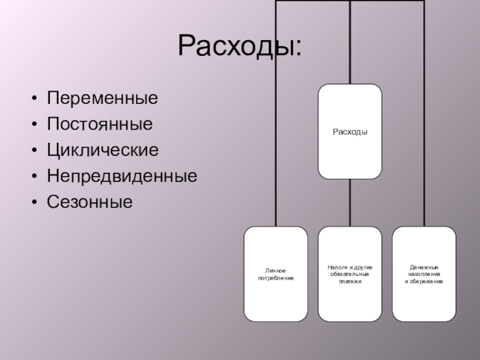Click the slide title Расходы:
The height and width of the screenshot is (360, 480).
[240, 46]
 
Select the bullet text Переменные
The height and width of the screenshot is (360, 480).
[103, 97]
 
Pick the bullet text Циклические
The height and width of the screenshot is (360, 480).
[103, 150]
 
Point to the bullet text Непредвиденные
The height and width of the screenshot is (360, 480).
[122, 176]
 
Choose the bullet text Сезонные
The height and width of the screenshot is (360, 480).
[90, 202]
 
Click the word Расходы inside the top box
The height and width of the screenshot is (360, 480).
[350, 132]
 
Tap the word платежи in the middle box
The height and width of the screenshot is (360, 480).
[350, 281]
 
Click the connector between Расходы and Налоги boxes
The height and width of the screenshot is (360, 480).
[350, 203]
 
